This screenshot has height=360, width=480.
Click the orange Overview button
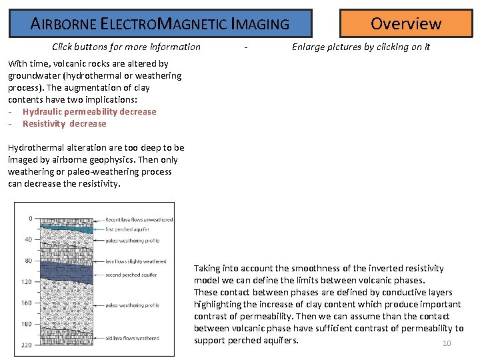coord(405,23)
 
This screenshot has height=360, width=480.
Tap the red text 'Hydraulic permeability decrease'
coord(89,112)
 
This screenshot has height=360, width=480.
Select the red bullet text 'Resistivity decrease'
coord(64,124)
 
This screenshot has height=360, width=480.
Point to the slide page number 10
coord(447,344)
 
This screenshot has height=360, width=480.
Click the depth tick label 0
coord(30,218)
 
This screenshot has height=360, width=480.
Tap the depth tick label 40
coord(28,239)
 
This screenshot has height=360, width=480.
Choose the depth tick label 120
coord(26,282)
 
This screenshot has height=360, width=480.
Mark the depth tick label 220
coord(26,345)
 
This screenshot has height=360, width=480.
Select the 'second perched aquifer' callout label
coord(131,275)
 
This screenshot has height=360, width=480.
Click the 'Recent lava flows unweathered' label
coord(139,220)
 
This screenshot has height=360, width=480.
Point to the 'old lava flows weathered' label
coord(131,338)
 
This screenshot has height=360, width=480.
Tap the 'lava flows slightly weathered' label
coord(135,262)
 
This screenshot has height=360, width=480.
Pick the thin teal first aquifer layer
coord(67,229)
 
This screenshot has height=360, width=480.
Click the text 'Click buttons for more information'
coord(126,47)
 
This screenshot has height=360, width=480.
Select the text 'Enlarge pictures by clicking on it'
coord(361,47)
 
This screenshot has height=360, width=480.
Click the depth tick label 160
coord(26,303)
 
